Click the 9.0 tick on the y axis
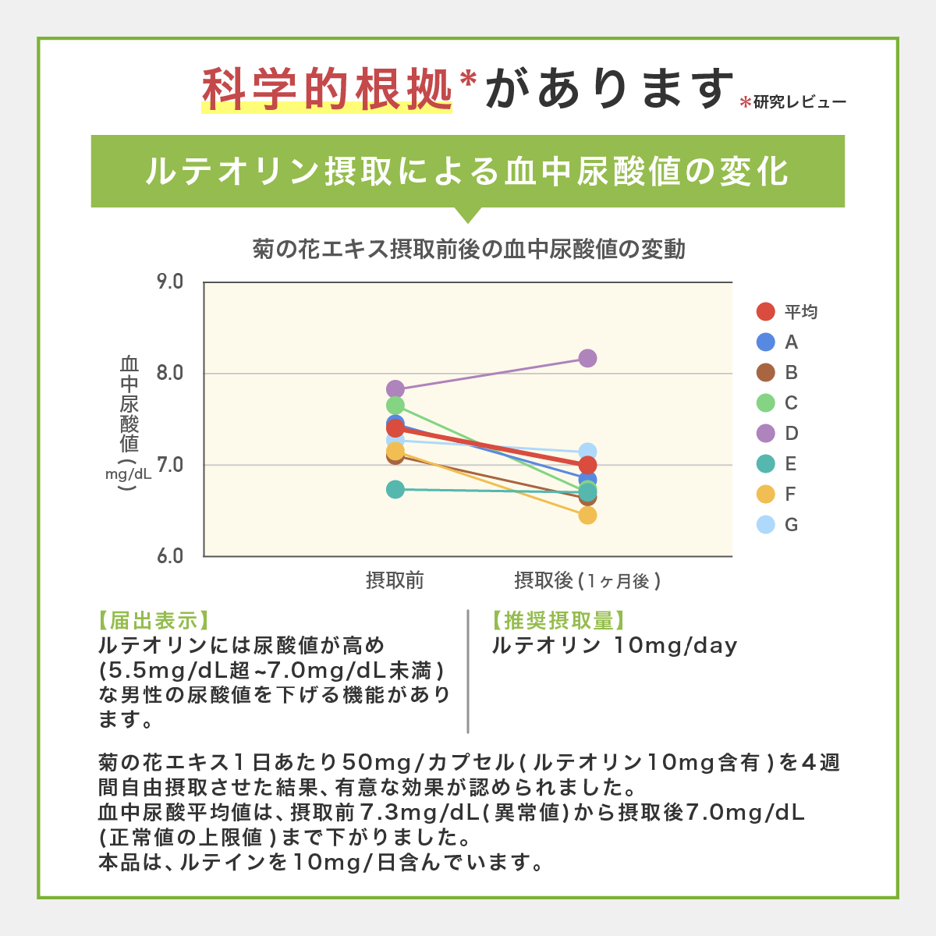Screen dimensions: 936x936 tap(170, 282)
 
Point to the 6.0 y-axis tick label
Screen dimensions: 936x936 tap(170, 556)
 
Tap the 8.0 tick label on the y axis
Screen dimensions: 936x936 tap(170, 373)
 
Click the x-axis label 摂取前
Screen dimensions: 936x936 tap(395, 580)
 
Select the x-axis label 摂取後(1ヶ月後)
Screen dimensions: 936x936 tap(587, 580)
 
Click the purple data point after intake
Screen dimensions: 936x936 tap(587, 358)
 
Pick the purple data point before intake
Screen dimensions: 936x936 tap(395, 388)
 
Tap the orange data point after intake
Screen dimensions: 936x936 tap(587, 515)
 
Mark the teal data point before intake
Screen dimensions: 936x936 tap(395, 489)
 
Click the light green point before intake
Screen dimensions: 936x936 tap(395, 405)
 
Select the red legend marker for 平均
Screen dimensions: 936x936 tap(766, 312)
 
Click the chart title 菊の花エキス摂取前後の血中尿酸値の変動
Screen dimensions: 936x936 tap(469, 250)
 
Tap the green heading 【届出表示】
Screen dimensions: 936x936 tap(153, 621)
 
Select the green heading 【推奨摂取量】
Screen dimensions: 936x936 tap(558, 621)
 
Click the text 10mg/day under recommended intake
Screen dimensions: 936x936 tap(675, 646)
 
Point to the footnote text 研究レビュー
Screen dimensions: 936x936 tap(799, 102)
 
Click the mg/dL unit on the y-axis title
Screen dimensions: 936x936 tap(129, 473)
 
